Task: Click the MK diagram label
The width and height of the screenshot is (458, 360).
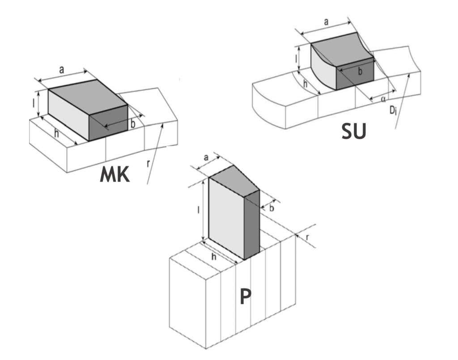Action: click(x=115, y=175)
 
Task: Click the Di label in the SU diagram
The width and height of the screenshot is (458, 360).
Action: click(x=392, y=109)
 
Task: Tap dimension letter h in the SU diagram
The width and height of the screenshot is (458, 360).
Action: click(x=305, y=83)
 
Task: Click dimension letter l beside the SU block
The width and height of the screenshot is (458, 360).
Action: click(x=303, y=57)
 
